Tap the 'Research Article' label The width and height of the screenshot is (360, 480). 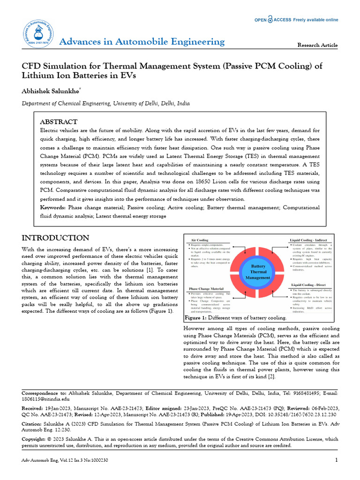(317, 45)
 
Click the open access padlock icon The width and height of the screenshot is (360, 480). (270, 20)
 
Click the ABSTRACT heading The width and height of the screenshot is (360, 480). (59, 121)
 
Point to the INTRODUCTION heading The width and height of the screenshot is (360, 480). (55, 238)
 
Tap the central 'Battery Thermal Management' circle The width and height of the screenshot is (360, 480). (258, 272)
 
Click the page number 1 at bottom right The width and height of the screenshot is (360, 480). (336, 460)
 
